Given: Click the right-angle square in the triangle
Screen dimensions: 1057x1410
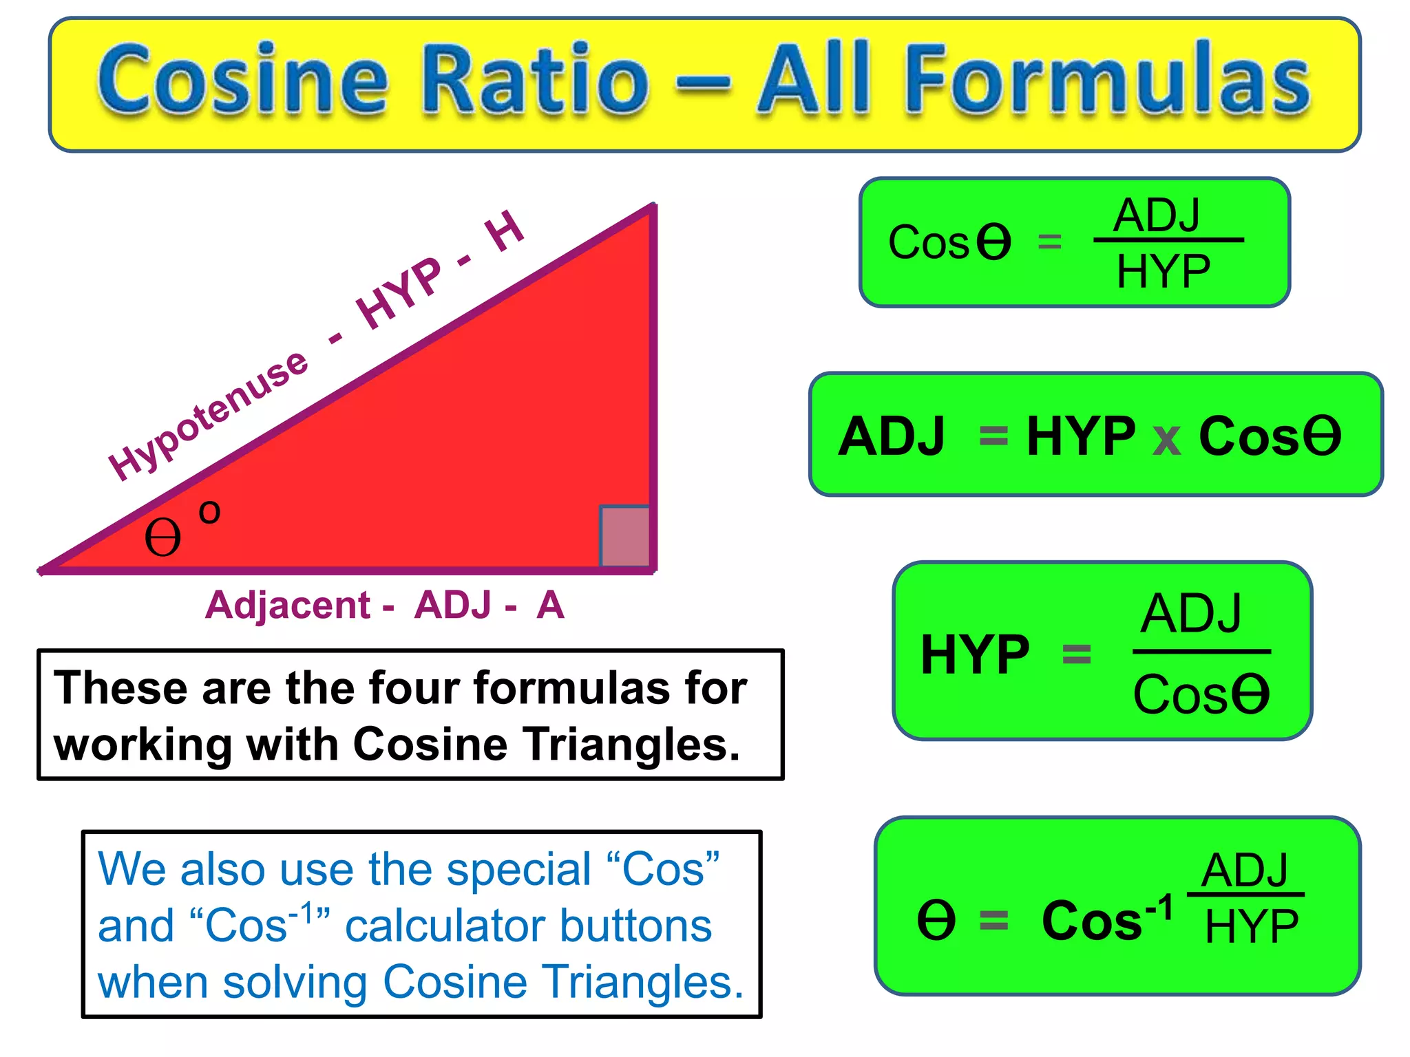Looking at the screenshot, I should (625, 536).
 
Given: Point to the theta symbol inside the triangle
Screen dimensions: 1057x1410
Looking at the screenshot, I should (162, 537).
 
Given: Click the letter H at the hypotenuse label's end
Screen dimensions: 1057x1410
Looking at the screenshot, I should (505, 232).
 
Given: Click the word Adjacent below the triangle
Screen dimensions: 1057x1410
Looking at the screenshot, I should (288, 606).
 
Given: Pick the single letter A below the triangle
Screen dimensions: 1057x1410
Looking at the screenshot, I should (550, 606).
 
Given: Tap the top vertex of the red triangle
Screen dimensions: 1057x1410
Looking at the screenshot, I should (653, 206).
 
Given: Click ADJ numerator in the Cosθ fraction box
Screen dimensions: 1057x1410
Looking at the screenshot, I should (1157, 215).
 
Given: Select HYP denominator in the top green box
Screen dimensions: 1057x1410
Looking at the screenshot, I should (1163, 272).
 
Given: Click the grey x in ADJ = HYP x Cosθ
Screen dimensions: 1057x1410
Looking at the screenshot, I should (1166, 439).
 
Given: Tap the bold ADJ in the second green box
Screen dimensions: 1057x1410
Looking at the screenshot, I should (892, 436).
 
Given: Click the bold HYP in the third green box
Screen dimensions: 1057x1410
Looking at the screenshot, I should (975, 654).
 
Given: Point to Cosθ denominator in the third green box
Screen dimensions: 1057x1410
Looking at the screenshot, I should (1201, 694).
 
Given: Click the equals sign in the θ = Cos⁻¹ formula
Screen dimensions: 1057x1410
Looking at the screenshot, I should (993, 920).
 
